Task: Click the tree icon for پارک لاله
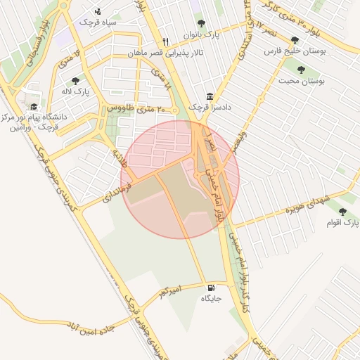75,81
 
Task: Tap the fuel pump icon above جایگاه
212,288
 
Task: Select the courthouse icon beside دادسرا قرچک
210,96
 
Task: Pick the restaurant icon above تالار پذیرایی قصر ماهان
165,41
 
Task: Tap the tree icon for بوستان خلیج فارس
294,40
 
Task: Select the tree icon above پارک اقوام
342,212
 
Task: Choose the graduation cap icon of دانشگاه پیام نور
34,106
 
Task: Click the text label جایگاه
212,299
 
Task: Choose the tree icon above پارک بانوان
202,23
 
